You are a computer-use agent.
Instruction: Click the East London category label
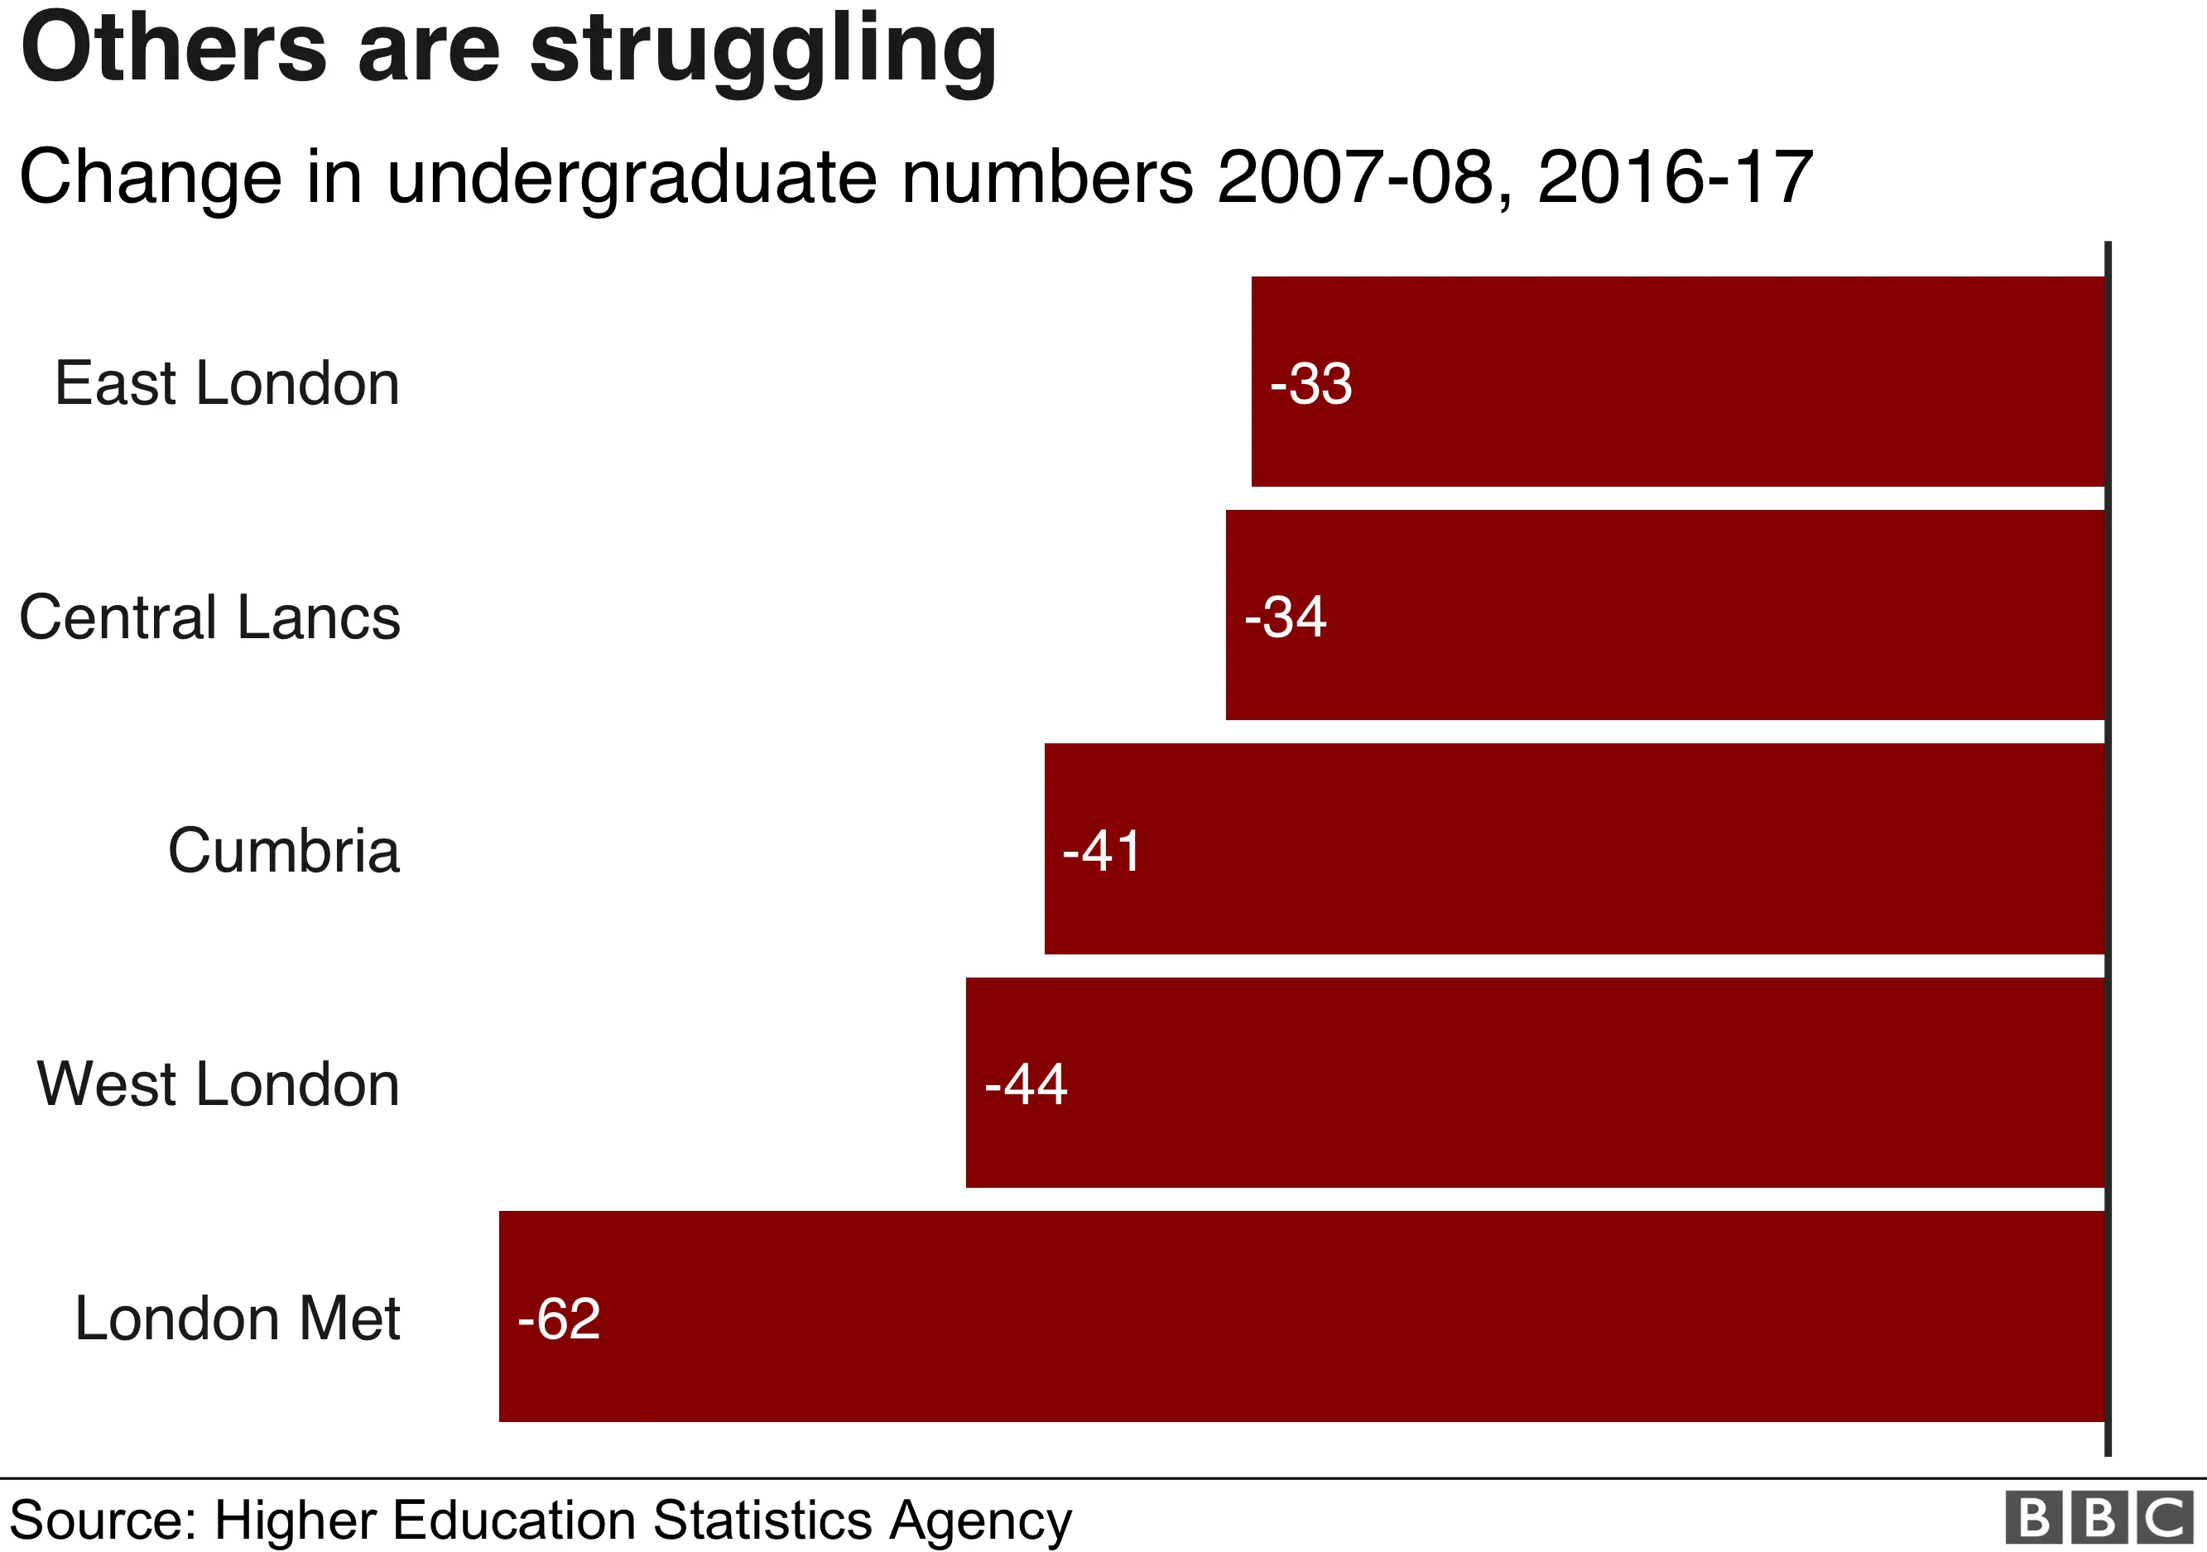(227, 383)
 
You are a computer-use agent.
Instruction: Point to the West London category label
(219, 1085)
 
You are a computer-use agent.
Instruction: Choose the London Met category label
(238, 1319)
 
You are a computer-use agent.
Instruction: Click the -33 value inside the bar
(1311, 383)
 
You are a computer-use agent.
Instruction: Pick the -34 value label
(1285, 617)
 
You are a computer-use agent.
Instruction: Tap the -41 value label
(1103, 852)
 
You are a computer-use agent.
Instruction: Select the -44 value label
(1026, 1085)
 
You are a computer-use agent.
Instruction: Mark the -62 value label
(559, 1319)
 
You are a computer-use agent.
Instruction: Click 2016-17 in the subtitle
(1675, 178)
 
